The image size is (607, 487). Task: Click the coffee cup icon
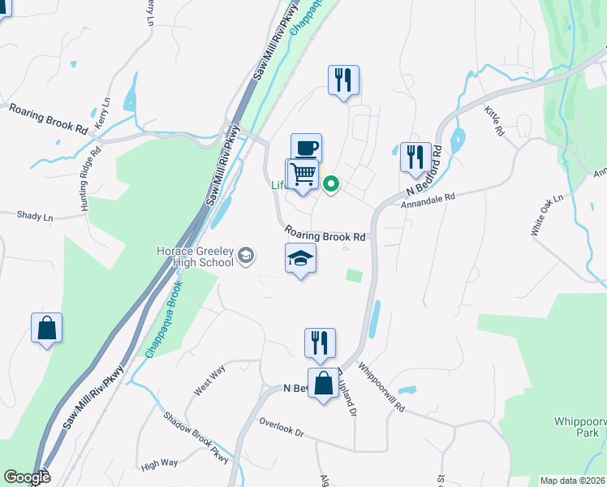[306, 149]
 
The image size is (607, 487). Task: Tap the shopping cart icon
[303, 173]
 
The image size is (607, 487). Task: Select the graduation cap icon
[300, 259]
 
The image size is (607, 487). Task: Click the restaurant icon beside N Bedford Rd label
[415, 157]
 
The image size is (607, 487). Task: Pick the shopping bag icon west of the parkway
[46, 328]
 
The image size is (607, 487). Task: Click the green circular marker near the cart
[331, 184]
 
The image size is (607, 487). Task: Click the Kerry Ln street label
[103, 113]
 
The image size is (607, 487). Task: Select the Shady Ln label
[34, 216]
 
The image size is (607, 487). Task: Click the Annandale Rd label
[428, 198]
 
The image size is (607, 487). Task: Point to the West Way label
[209, 381]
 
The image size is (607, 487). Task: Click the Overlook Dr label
[281, 429]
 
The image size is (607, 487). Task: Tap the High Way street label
[159, 463]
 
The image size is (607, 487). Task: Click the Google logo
[27, 477]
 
